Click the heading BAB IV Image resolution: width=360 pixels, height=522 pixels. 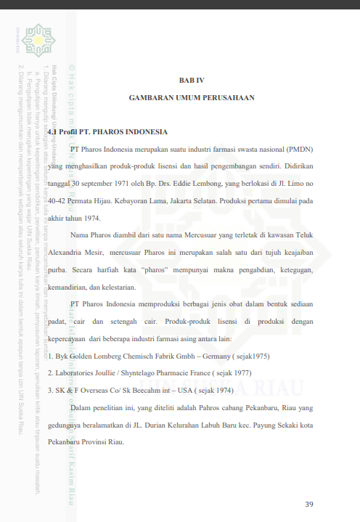tap(192, 79)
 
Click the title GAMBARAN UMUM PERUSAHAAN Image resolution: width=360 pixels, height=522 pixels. tap(192, 97)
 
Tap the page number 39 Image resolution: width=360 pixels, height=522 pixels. tap(309, 504)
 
